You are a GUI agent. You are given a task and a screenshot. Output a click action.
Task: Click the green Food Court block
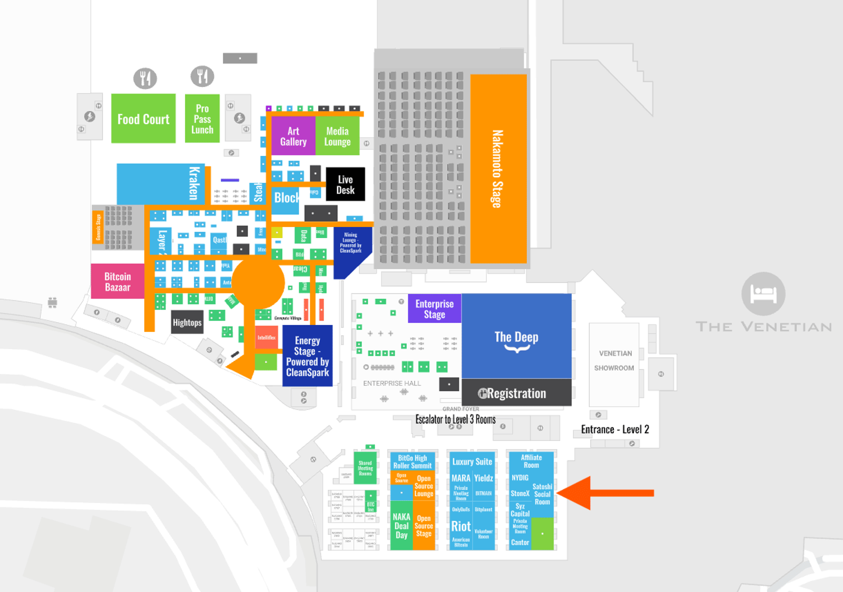pyautogui.click(x=143, y=119)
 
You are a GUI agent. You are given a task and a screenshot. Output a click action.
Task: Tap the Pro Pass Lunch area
pyautogui.click(x=202, y=119)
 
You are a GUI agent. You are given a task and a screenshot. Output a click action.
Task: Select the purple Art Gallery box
pyautogui.click(x=293, y=136)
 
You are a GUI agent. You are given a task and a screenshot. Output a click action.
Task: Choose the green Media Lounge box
pyautogui.click(x=337, y=136)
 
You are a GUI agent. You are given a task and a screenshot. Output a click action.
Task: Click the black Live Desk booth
pyautogui.click(x=345, y=184)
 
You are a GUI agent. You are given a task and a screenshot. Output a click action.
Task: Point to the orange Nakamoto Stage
pyautogui.click(x=498, y=169)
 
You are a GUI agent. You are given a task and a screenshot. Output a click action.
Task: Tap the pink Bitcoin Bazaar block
pyautogui.click(x=117, y=281)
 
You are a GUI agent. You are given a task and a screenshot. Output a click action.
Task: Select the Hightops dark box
pyautogui.click(x=187, y=322)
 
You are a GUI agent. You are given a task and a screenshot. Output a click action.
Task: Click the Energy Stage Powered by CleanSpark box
pyautogui.click(x=307, y=356)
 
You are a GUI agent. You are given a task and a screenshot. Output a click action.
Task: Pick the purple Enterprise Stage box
pyautogui.click(x=434, y=309)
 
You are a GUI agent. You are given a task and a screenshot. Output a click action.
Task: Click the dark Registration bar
pyautogui.click(x=516, y=393)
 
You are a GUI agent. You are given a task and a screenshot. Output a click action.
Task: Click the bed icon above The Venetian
pyautogui.click(x=763, y=293)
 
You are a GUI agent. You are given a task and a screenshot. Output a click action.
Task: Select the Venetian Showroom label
pyautogui.click(x=614, y=361)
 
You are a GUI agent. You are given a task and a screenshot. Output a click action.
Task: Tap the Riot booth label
pyautogui.click(x=460, y=526)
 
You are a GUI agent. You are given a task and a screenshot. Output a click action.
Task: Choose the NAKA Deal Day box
pyautogui.click(x=401, y=526)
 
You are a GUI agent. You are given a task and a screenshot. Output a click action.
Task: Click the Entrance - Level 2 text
pyautogui.click(x=615, y=429)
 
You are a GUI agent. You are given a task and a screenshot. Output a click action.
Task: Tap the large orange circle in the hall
pyautogui.click(x=258, y=283)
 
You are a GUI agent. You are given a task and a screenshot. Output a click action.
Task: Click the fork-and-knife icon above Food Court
pyautogui.click(x=145, y=78)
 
